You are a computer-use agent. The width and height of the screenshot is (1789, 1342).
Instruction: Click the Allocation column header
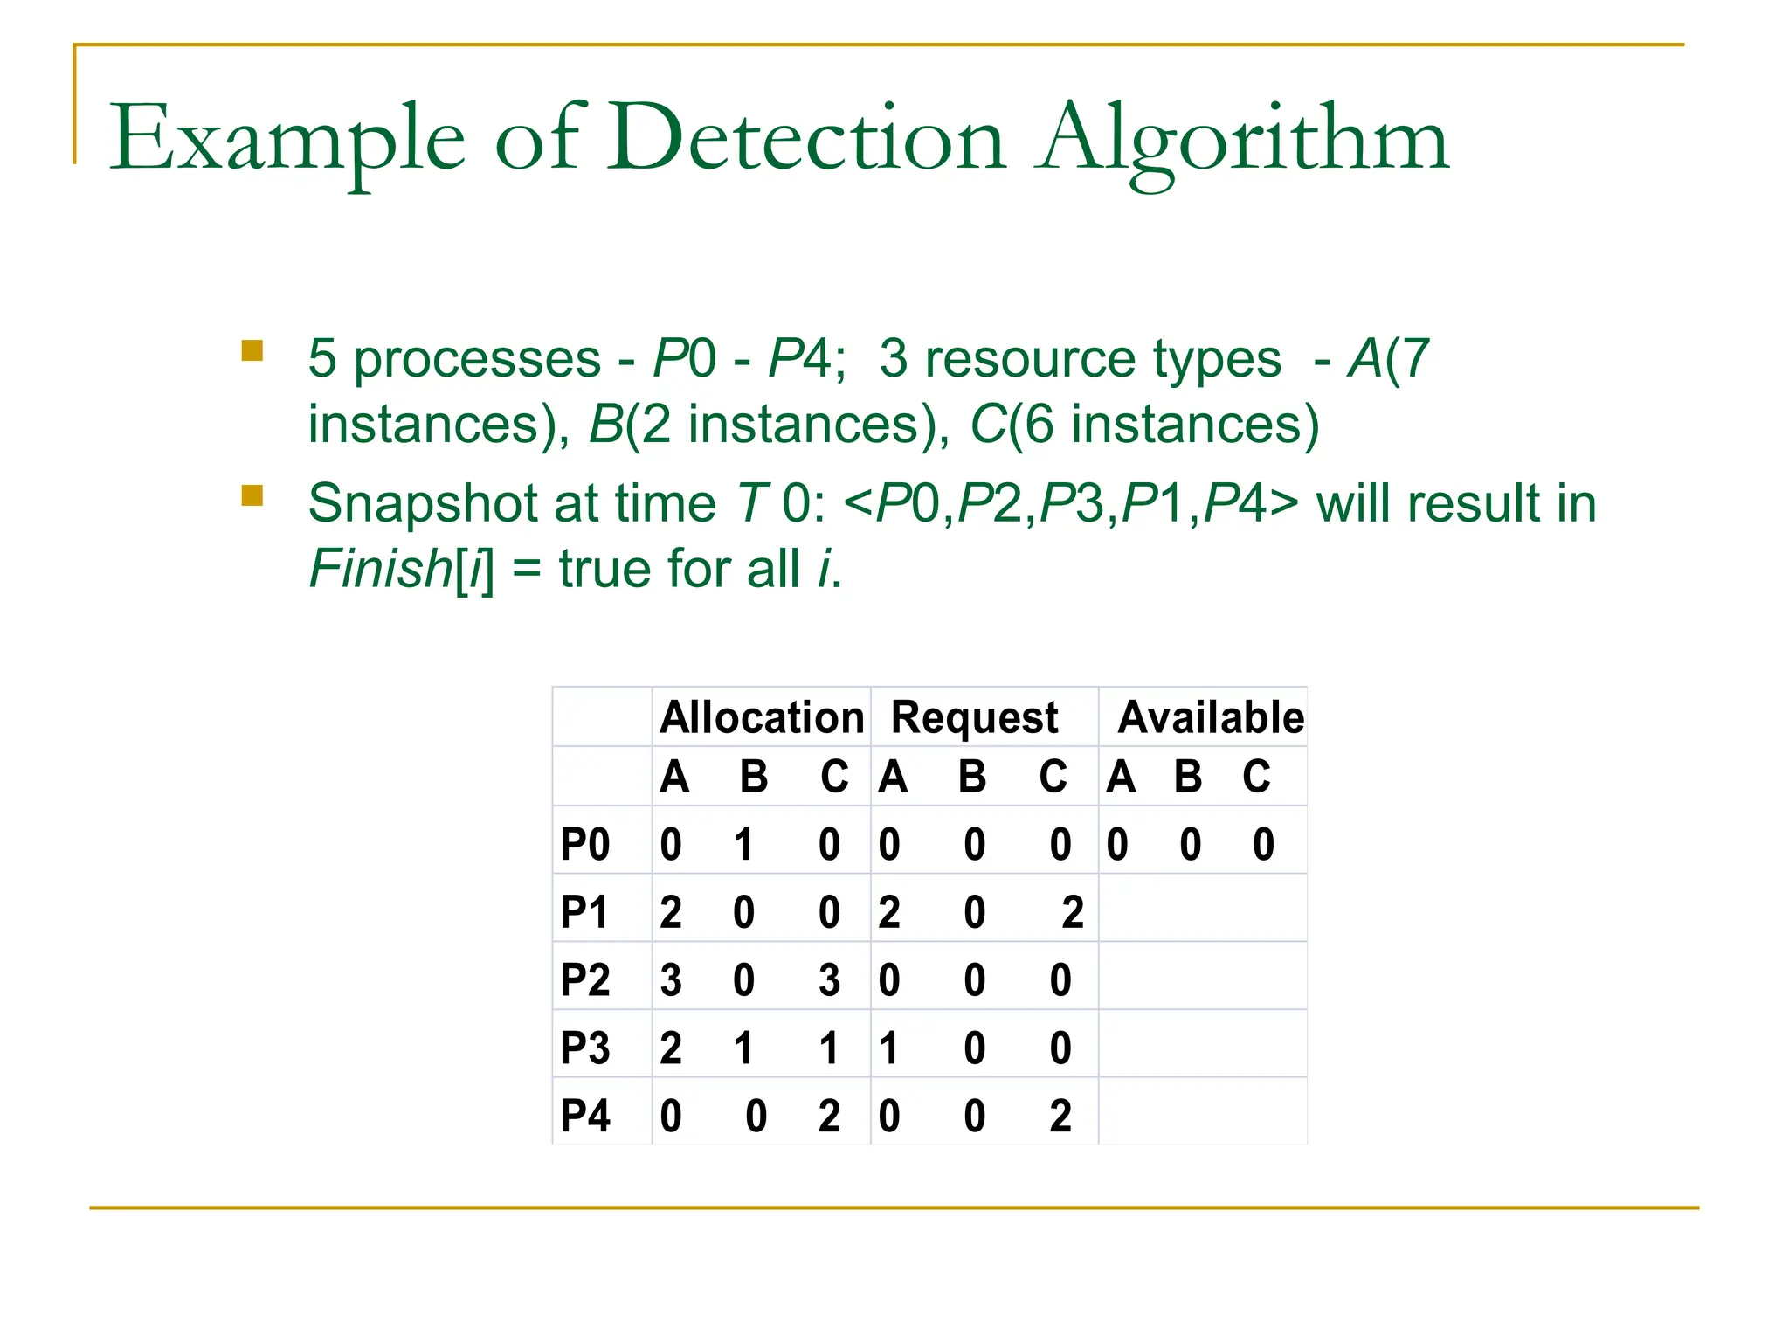pyautogui.click(x=762, y=717)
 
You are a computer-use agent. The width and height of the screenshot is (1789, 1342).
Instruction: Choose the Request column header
pyautogui.click(x=974, y=718)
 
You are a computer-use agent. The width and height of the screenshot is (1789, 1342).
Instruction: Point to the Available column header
pyautogui.click(x=1211, y=717)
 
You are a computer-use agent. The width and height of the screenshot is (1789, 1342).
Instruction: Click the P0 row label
pyautogui.click(x=585, y=845)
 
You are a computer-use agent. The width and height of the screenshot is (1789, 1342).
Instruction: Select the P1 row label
pyautogui.click(x=584, y=913)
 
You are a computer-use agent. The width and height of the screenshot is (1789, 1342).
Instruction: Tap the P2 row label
pyautogui.click(x=585, y=980)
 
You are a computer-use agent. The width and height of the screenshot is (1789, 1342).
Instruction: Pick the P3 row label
pyautogui.click(x=585, y=1048)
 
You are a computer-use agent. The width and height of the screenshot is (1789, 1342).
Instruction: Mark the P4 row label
pyautogui.click(x=585, y=1117)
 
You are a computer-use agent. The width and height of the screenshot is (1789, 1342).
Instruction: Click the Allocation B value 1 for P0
pyautogui.click(x=743, y=845)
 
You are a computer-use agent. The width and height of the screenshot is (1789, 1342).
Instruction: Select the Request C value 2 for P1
pyautogui.click(x=1073, y=913)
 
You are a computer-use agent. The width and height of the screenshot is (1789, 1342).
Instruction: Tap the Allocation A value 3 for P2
pyautogui.click(x=671, y=980)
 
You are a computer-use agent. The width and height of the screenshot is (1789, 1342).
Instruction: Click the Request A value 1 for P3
pyautogui.click(x=889, y=1048)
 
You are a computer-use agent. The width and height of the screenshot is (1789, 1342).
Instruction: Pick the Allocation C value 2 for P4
pyautogui.click(x=829, y=1117)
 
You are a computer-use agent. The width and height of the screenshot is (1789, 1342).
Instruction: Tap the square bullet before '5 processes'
pyautogui.click(x=252, y=351)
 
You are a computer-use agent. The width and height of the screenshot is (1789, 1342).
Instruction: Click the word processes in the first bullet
pyautogui.click(x=477, y=360)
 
